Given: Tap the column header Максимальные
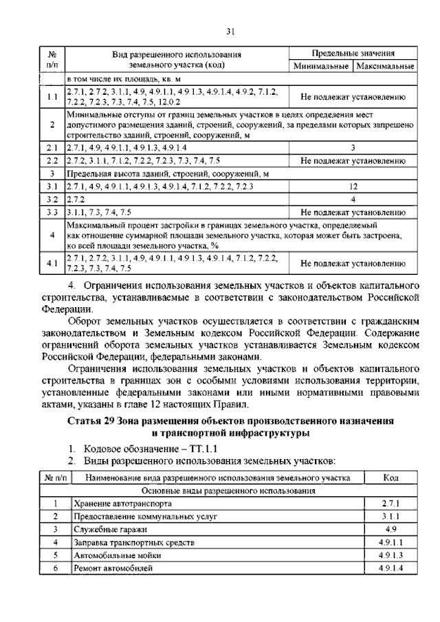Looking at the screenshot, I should (x=384, y=67).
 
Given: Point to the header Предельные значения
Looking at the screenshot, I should (x=352, y=53).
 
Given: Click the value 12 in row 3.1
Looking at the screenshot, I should (x=352, y=186).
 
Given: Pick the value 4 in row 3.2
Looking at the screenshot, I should (x=352, y=199).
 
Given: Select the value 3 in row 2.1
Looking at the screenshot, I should (x=352, y=147).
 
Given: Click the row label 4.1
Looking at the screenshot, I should (x=52, y=263).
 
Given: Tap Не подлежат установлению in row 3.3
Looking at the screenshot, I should (x=352, y=212).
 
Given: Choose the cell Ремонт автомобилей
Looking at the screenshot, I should (x=113, y=568).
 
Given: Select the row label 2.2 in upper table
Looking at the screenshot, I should (x=52, y=160).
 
